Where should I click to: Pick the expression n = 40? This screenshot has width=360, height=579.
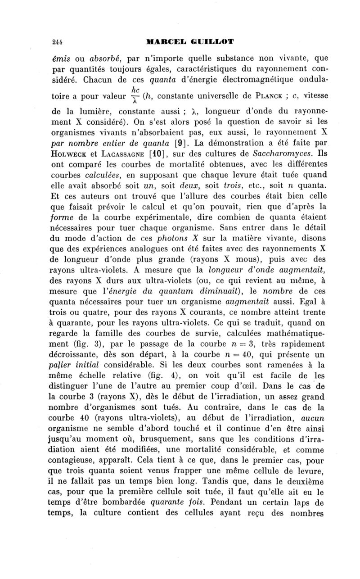pyautogui.click(x=250, y=356)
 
